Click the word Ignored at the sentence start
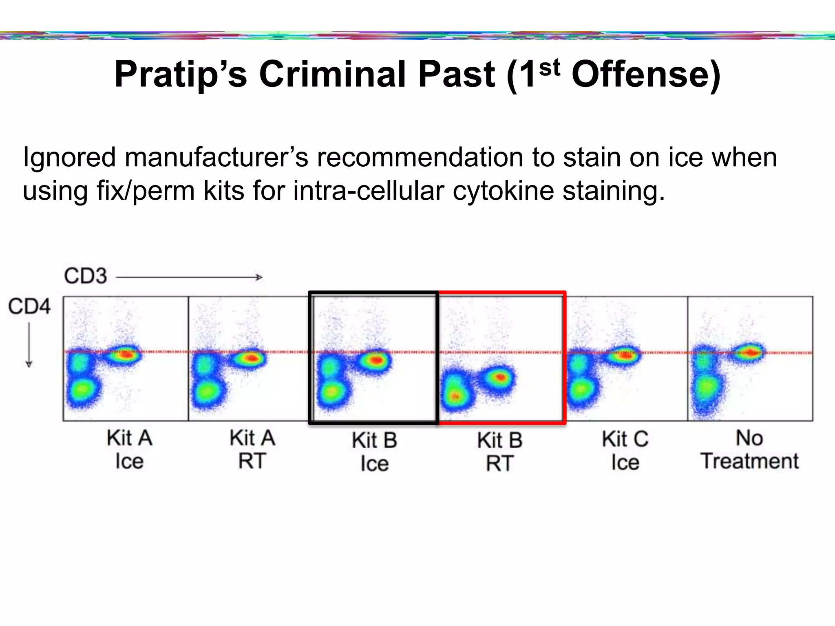[69, 158]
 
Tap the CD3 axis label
[85, 276]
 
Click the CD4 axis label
[29, 306]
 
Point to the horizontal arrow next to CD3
[190, 278]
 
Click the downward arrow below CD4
[29, 345]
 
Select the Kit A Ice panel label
[129, 450]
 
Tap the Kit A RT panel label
[252, 450]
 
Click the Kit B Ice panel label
[374, 452]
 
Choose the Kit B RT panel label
[500, 452]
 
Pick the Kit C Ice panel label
[625, 451]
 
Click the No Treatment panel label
[749, 450]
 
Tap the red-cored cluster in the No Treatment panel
[749, 352]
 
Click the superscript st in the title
[550, 68]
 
